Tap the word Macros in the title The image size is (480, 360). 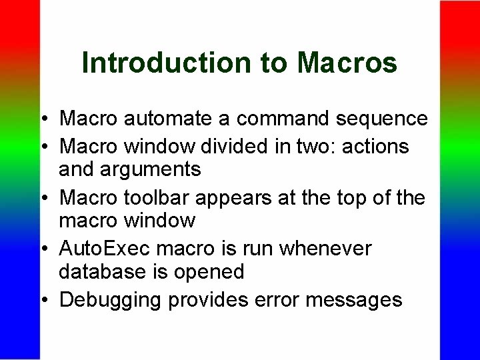tap(347, 63)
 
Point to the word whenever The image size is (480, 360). tap(325, 248)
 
